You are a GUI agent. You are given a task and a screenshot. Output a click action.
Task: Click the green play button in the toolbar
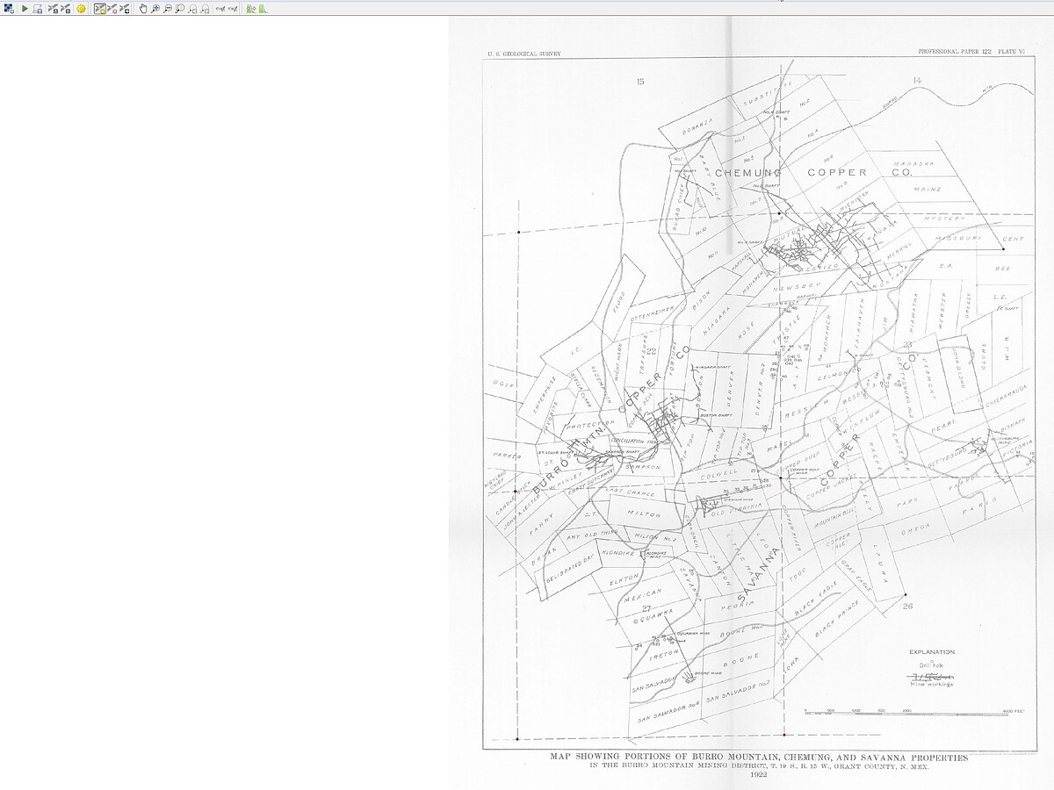point(25,8)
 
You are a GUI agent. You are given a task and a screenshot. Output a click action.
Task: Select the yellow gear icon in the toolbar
point(81,8)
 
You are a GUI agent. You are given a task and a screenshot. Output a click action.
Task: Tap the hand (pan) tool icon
point(143,8)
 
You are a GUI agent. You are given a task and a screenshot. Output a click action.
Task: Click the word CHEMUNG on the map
point(747,173)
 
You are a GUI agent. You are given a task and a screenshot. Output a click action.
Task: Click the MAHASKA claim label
point(914,164)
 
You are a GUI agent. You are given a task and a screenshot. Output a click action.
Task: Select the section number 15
point(640,81)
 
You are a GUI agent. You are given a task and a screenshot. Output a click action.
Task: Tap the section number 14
point(917,81)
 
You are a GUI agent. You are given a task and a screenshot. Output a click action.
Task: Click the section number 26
point(907,605)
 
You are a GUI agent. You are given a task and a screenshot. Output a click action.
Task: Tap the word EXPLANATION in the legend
point(931,652)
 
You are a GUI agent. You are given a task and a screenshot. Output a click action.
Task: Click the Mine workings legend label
point(931,685)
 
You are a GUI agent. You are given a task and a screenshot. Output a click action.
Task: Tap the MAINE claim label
point(928,189)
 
